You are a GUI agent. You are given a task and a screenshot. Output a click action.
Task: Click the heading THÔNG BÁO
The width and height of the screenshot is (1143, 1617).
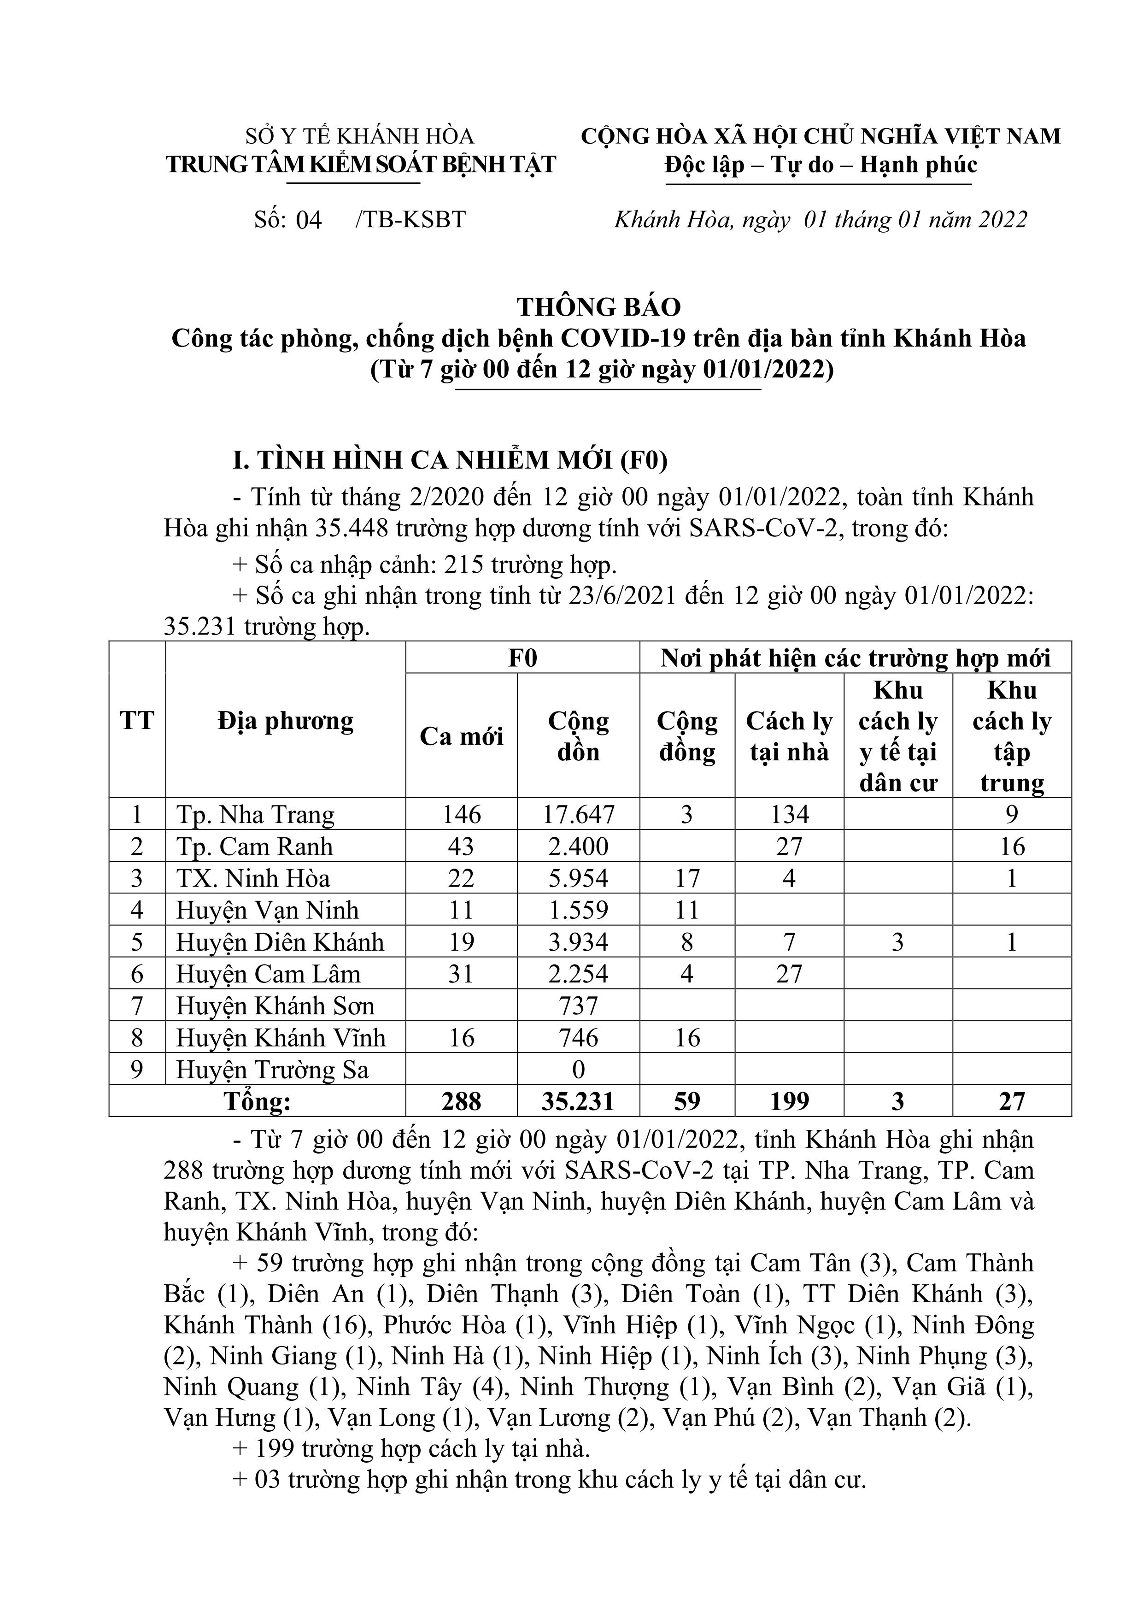(x=599, y=307)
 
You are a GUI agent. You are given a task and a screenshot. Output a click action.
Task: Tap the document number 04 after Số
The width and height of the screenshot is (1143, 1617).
(x=309, y=220)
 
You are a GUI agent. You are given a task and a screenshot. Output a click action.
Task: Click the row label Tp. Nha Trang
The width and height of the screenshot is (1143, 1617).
(x=255, y=815)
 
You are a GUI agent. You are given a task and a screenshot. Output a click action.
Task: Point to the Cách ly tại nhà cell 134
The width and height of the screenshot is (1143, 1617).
(x=790, y=815)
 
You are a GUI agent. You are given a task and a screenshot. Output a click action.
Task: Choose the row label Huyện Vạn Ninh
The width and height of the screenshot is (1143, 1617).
(x=267, y=911)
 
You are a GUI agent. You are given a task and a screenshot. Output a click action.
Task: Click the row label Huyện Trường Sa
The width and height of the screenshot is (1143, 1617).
(x=272, y=1070)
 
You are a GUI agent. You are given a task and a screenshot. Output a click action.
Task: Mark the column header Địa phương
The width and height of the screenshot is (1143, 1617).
(x=285, y=720)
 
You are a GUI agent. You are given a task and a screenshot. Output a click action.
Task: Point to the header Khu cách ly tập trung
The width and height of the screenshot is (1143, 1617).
(x=1012, y=736)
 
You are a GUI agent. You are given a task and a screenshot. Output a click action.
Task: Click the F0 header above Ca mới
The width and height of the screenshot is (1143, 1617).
(x=522, y=658)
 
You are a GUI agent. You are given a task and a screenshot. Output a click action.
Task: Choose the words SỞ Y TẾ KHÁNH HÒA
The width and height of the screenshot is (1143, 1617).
(x=360, y=136)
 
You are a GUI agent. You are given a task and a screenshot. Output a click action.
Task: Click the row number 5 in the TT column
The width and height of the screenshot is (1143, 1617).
(x=137, y=942)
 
